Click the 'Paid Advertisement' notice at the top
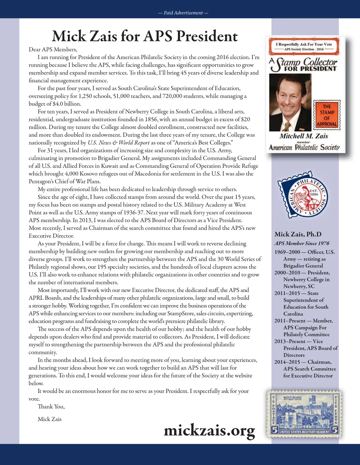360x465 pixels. (x=183, y=13)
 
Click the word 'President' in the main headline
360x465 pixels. (x=207, y=36)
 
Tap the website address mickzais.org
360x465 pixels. (x=209, y=430)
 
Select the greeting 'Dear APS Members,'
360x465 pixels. (x=53, y=50)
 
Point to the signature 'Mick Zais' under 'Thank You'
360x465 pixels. (x=50, y=419)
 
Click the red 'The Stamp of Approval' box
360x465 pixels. (x=327, y=115)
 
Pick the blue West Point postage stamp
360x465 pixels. (x=304, y=413)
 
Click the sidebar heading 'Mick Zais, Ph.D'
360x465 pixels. (x=298, y=234)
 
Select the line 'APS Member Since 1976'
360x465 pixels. (x=302, y=243)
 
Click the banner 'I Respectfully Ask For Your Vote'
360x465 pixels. (x=304, y=44)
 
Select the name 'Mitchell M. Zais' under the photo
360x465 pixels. (x=304, y=136)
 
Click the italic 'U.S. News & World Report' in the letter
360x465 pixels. (x=118, y=143)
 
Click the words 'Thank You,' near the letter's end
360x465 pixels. (x=51, y=407)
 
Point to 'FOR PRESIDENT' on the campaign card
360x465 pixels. (x=310, y=69)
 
